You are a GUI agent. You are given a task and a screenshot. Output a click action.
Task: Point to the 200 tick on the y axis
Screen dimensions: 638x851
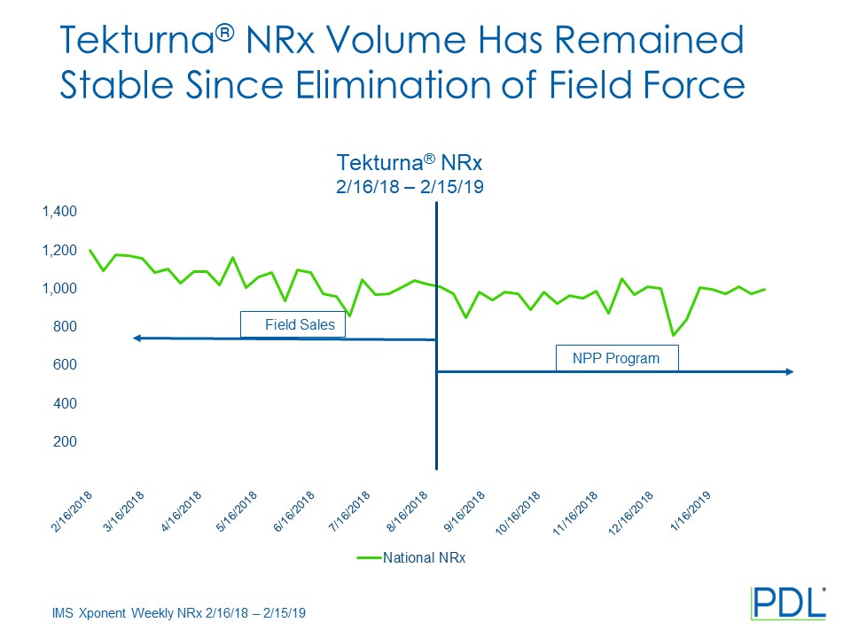[x=66, y=441]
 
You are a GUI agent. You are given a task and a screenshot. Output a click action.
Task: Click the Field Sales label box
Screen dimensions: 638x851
[x=293, y=324]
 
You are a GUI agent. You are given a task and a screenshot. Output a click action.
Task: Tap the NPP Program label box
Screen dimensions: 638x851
[x=617, y=358]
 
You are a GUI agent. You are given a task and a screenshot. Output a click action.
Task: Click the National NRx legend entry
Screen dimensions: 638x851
[x=424, y=557]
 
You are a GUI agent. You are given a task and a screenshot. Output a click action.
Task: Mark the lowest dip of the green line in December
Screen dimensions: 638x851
[x=673, y=335]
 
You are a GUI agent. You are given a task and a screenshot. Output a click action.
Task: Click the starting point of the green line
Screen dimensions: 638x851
[x=90, y=250]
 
